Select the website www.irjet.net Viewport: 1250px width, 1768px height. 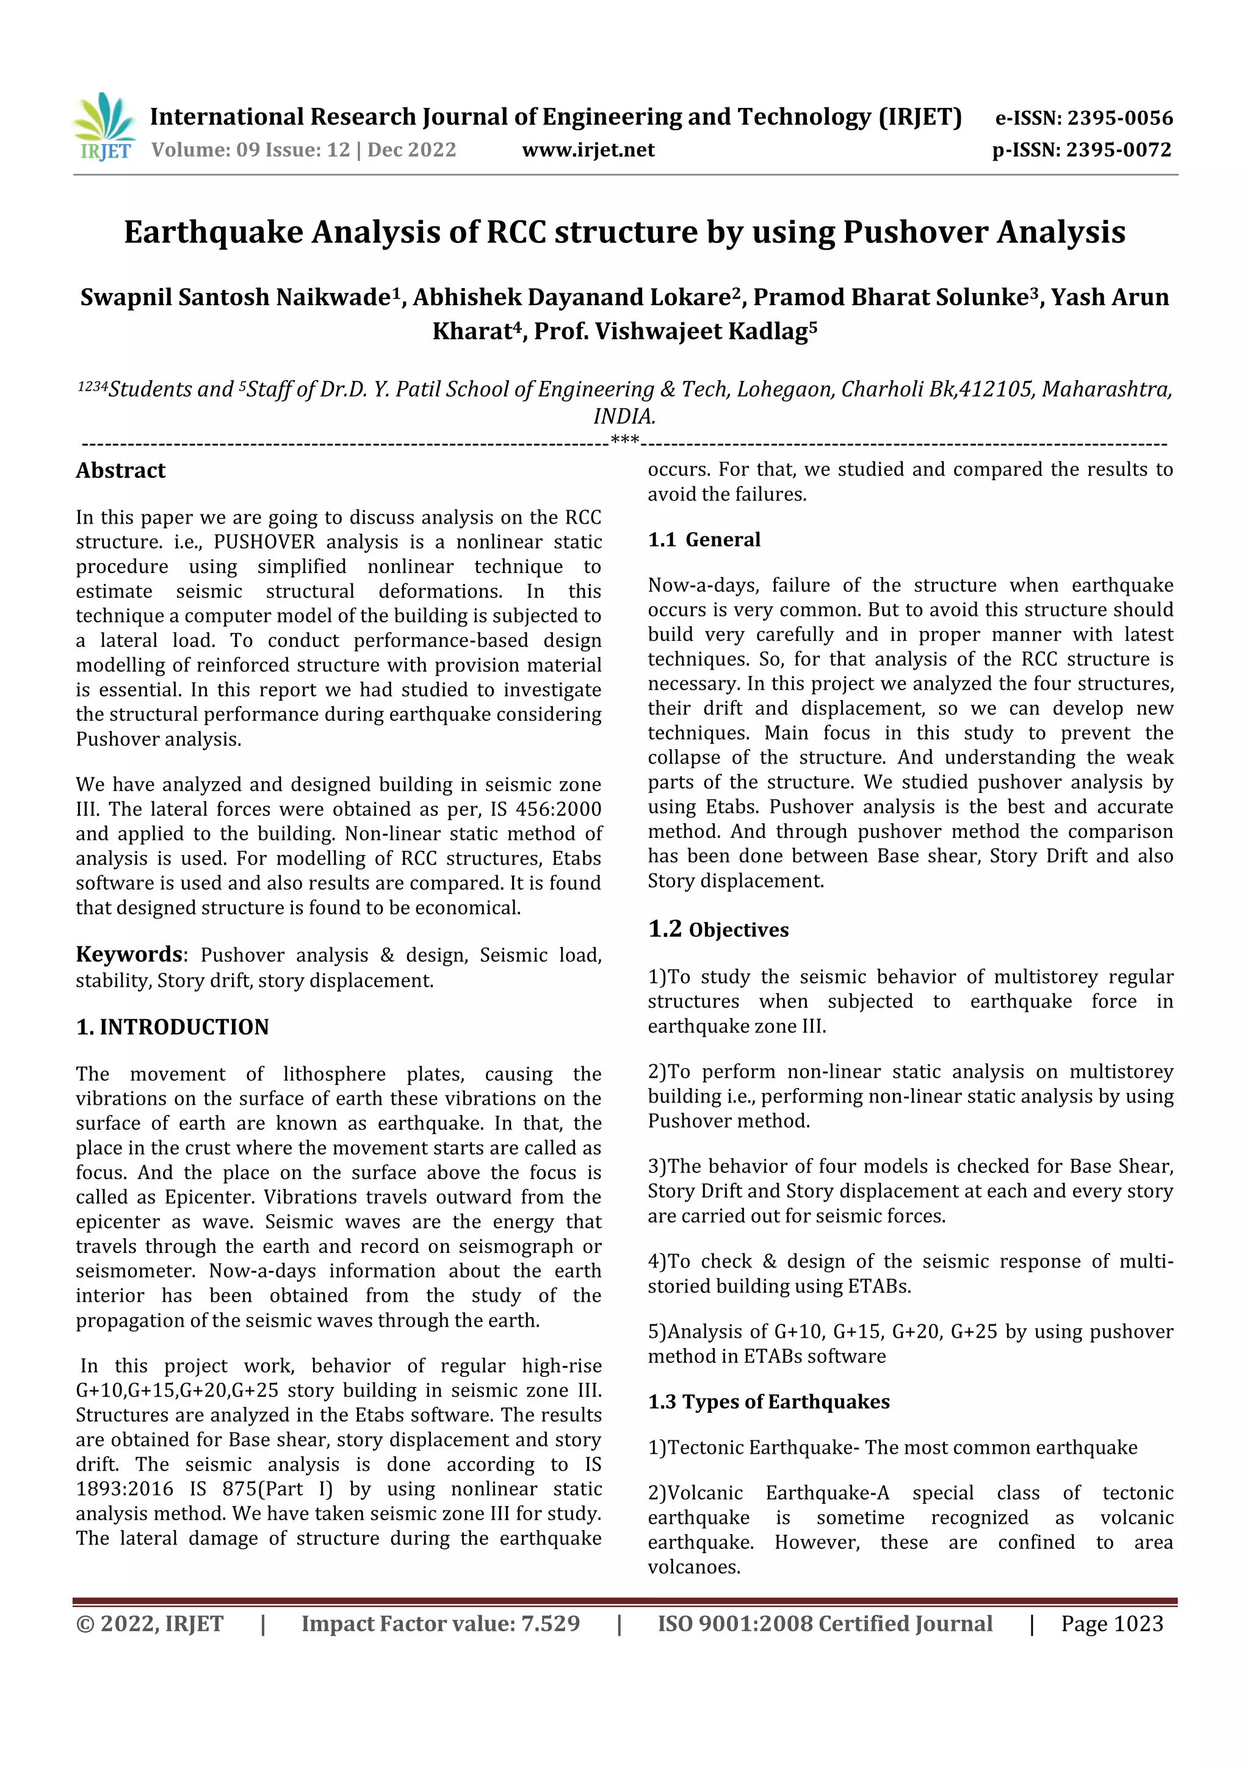(x=588, y=150)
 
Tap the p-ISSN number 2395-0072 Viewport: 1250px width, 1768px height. (x=1118, y=150)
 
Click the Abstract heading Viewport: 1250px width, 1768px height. (x=120, y=471)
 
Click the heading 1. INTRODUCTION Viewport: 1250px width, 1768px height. (x=173, y=1027)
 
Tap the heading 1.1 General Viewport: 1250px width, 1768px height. (x=704, y=539)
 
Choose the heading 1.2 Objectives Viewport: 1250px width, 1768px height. (x=718, y=929)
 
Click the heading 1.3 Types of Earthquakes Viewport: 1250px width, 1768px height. (x=768, y=1401)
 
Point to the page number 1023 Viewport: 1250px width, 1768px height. (x=1138, y=1623)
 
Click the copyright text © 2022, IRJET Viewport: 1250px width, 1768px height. (x=150, y=1623)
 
